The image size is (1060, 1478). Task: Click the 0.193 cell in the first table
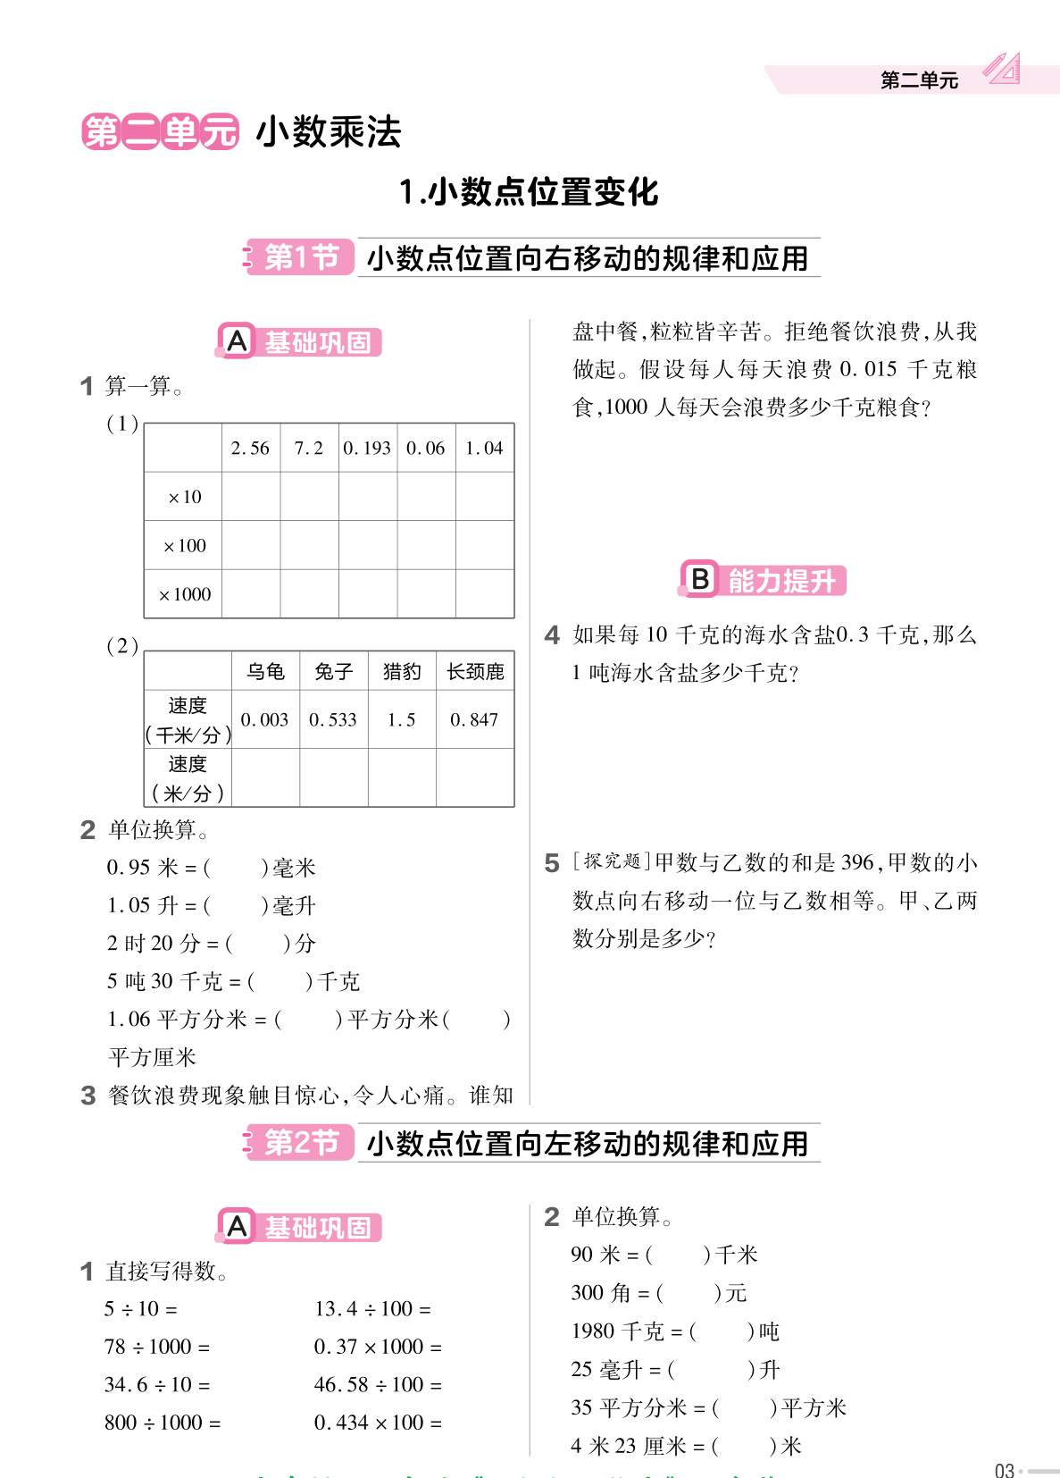coord(367,448)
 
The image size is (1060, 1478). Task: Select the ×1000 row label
coord(184,594)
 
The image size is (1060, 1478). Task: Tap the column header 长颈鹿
coord(475,671)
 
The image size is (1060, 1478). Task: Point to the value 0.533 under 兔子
coord(332,719)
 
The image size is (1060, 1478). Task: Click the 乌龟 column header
coord(265,671)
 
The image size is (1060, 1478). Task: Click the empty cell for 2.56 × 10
coord(251,497)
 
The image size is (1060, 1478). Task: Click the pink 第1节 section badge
coord(300,257)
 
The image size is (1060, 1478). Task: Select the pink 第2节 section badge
coord(300,1143)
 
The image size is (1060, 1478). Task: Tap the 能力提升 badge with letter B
coord(763,580)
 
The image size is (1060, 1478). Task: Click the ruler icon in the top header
coord(1002,69)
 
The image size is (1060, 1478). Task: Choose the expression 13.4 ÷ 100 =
coord(372,1309)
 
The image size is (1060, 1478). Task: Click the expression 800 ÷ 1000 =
coord(163,1423)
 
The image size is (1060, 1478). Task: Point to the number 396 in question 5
coord(857,862)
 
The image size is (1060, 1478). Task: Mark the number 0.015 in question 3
coord(868,369)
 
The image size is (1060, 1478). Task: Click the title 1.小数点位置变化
coord(529,191)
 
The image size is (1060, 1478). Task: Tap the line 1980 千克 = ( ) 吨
coord(675,1331)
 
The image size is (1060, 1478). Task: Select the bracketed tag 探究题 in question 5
coord(612,861)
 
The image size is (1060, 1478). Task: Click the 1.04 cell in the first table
coord(484,448)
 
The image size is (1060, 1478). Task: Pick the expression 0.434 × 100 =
coord(378,1423)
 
